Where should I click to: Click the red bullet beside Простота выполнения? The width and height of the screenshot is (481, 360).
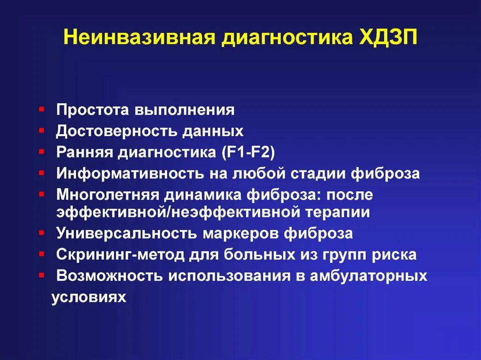pos(42,108)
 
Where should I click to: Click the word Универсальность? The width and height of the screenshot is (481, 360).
pos(126,233)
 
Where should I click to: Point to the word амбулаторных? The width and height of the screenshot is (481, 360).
pos(368,276)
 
